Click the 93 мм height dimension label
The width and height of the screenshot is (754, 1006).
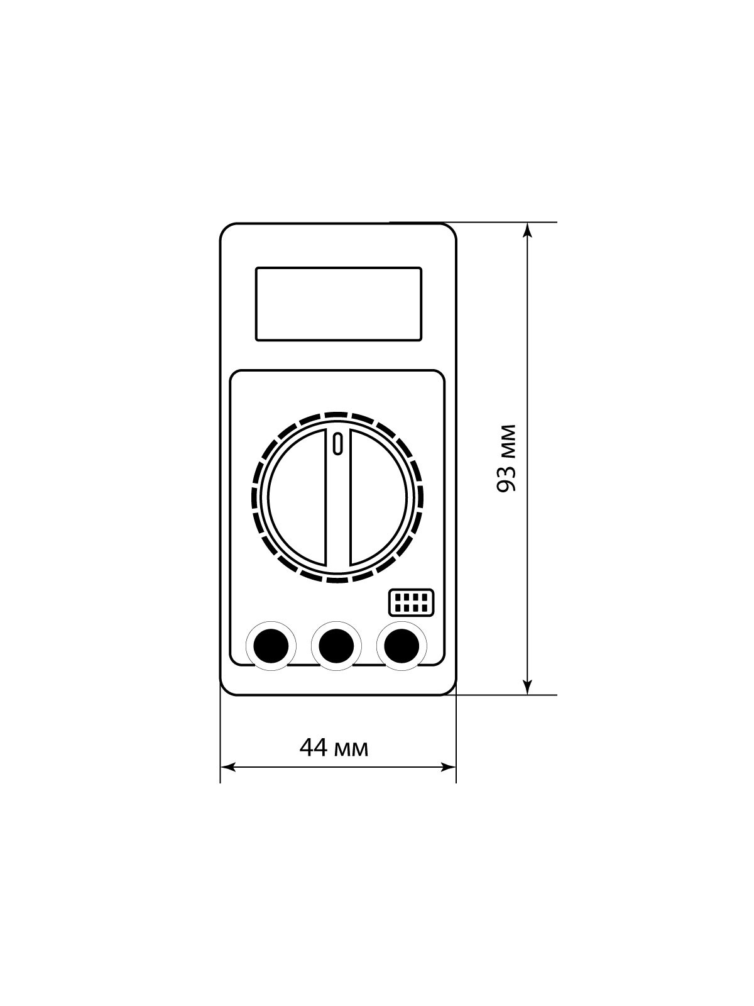pyautogui.click(x=507, y=459)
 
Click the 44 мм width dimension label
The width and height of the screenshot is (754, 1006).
pyautogui.click(x=334, y=761)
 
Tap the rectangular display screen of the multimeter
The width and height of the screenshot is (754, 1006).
pyautogui.click(x=338, y=304)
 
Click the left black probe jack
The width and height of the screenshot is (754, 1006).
pyautogui.click(x=271, y=646)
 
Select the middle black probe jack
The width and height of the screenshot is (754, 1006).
pyautogui.click(x=337, y=646)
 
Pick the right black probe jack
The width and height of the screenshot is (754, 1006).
pyautogui.click(x=402, y=646)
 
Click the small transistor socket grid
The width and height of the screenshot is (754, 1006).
pyautogui.click(x=411, y=602)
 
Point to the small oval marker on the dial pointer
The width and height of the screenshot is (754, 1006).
pyautogui.click(x=338, y=444)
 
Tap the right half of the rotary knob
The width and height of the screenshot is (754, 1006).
pyautogui.click(x=379, y=497)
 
